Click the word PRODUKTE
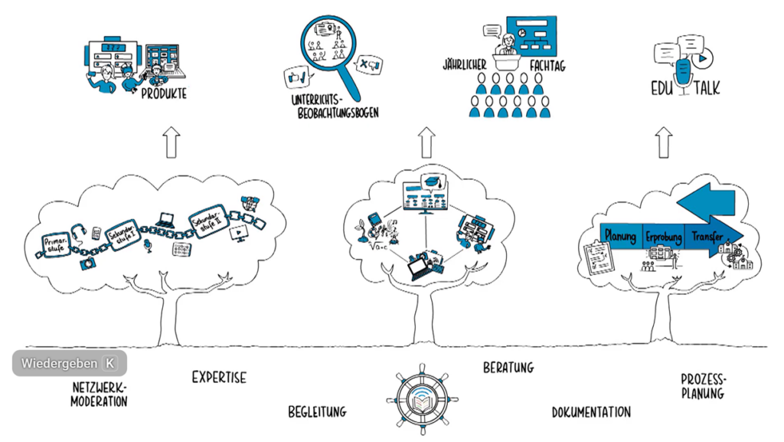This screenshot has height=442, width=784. click(164, 94)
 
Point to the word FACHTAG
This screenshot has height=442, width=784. click(547, 67)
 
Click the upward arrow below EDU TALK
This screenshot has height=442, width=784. click(664, 142)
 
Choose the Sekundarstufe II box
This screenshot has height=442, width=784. click(207, 223)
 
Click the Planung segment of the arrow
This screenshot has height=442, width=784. click(620, 237)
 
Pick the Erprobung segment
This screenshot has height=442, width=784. click(663, 237)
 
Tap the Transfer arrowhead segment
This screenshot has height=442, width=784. click(712, 237)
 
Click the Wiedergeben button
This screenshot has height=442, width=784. click(69, 363)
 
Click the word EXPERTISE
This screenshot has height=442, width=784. click(219, 378)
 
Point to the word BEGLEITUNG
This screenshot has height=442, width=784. click(317, 411)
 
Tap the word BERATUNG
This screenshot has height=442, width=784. click(508, 368)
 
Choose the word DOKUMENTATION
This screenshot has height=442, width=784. click(591, 412)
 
